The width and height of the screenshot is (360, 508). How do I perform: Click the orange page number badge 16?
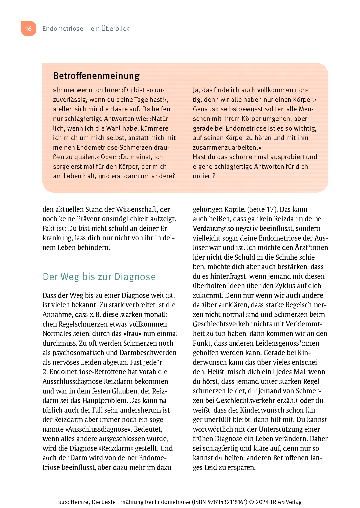[x=28, y=28]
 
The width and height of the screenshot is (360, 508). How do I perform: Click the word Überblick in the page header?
[x=115, y=28]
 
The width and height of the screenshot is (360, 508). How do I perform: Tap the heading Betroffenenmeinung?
[x=96, y=76]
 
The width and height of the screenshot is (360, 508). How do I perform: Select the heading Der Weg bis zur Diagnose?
[x=99, y=277]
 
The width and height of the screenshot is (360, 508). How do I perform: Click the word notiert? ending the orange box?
[x=204, y=176]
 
